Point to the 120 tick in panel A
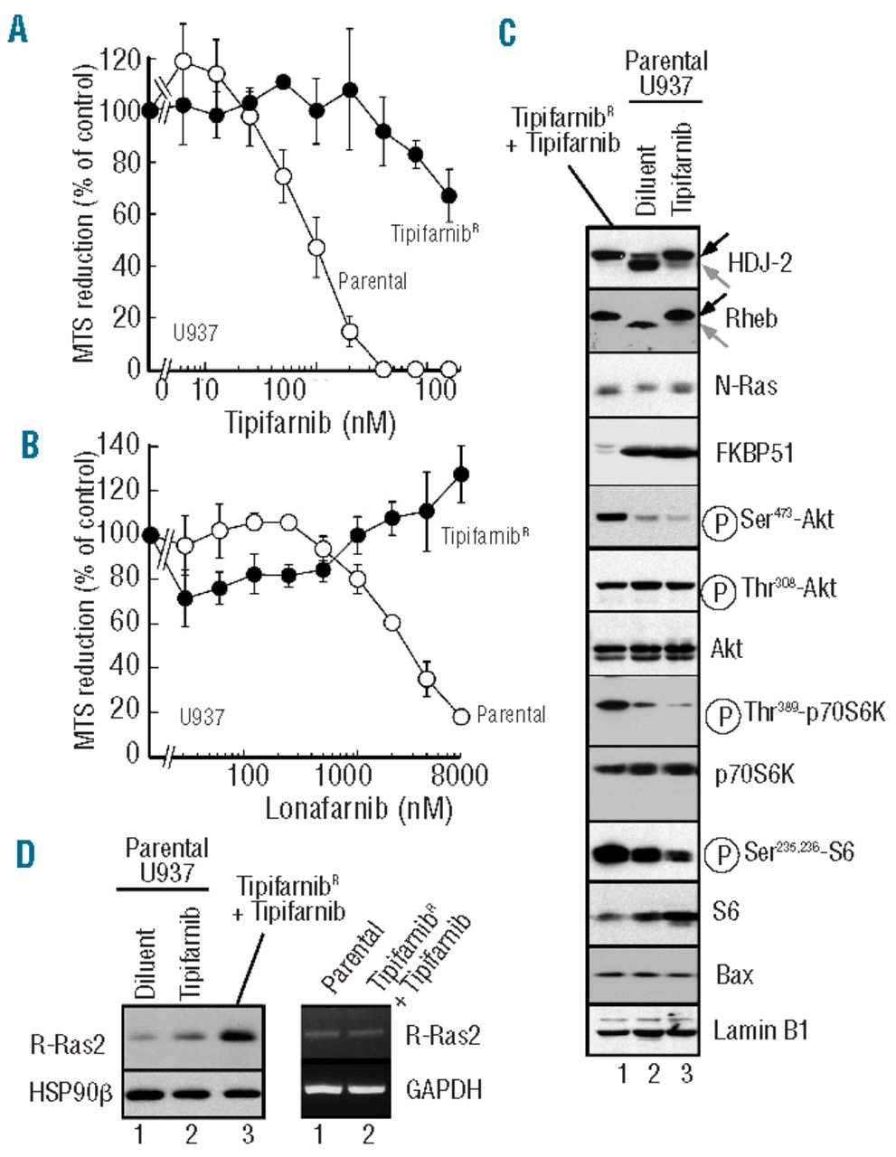click(x=120, y=61)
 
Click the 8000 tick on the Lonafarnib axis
click(x=459, y=776)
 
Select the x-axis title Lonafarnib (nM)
click(x=358, y=807)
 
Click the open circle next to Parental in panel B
click(x=461, y=716)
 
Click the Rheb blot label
click(x=751, y=319)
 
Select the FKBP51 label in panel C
click(x=760, y=452)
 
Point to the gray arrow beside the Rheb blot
click(x=714, y=334)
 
